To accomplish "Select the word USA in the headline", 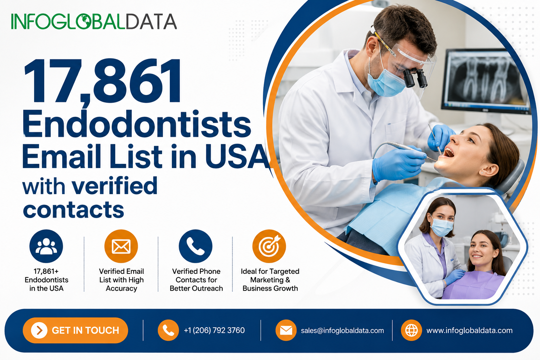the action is [237, 156].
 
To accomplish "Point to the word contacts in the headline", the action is [73, 210].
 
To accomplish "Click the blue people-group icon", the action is [46, 246].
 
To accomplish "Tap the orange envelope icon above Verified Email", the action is [121, 246].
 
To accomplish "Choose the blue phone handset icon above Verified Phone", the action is [195, 246].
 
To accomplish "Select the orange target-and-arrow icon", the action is [269, 246].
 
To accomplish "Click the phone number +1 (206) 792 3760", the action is [214, 330].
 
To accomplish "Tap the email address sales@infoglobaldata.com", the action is [342, 330].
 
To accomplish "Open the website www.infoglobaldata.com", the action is [469, 330].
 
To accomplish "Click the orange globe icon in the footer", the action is [411, 330].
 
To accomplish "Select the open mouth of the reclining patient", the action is [449, 152].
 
